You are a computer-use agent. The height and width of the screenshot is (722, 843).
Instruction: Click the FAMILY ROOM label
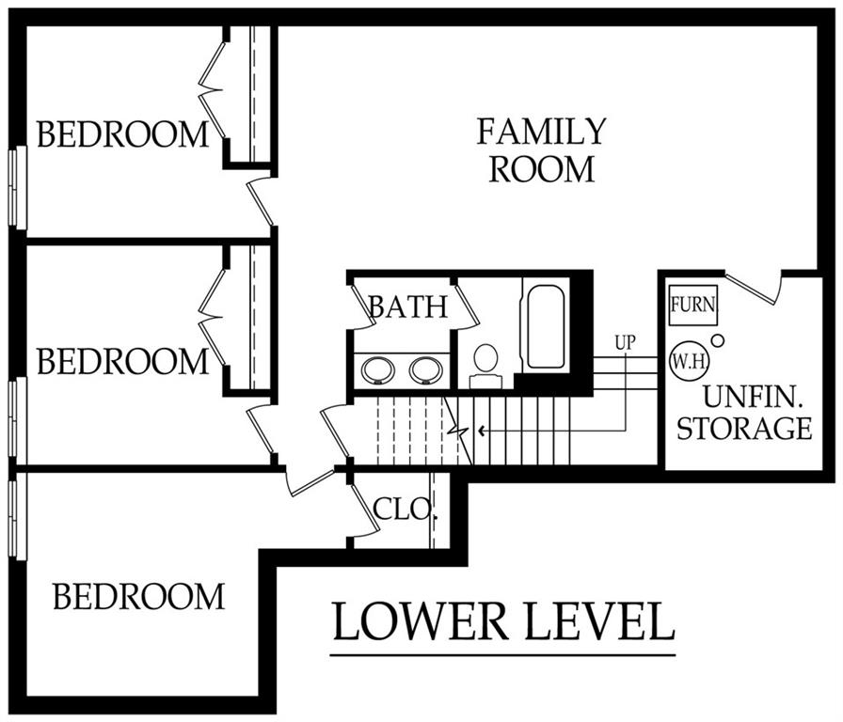[x=541, y=150]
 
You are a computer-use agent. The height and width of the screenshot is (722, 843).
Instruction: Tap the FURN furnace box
[x=693, y=306]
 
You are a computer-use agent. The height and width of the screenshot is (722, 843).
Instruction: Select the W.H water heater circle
[x=689, y=361]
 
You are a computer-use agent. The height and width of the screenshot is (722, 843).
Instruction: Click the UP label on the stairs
[x=625, y=343]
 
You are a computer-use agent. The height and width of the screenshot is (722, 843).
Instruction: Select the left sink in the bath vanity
[x=378, y=369]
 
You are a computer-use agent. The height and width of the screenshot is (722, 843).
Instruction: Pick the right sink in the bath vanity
[x=428, y=369]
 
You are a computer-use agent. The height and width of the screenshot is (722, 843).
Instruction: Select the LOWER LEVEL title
[x=503, y=622]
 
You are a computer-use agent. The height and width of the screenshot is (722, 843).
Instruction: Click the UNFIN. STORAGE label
[x=744, y=414]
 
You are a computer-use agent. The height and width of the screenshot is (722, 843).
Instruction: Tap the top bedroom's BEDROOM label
[x=122, y=134]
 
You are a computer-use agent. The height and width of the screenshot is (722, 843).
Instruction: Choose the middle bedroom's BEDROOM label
[x=122, y=361]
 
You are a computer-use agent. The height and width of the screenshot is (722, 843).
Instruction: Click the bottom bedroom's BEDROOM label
[x=138, y=596]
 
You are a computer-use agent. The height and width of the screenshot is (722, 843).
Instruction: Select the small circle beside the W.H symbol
[x=717, y=339]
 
